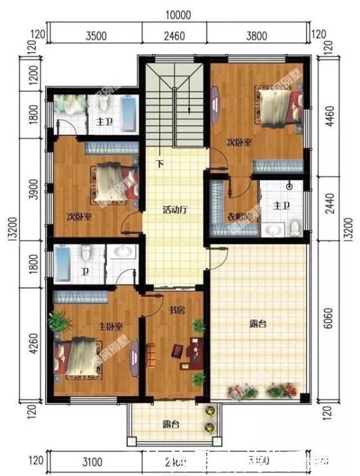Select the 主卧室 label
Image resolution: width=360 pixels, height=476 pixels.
tap(111, 326)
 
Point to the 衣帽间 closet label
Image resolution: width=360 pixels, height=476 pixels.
tap(238, 217)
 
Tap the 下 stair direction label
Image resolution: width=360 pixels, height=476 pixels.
tap(160, 164)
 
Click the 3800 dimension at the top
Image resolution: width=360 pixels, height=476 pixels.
tap(256, 35)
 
